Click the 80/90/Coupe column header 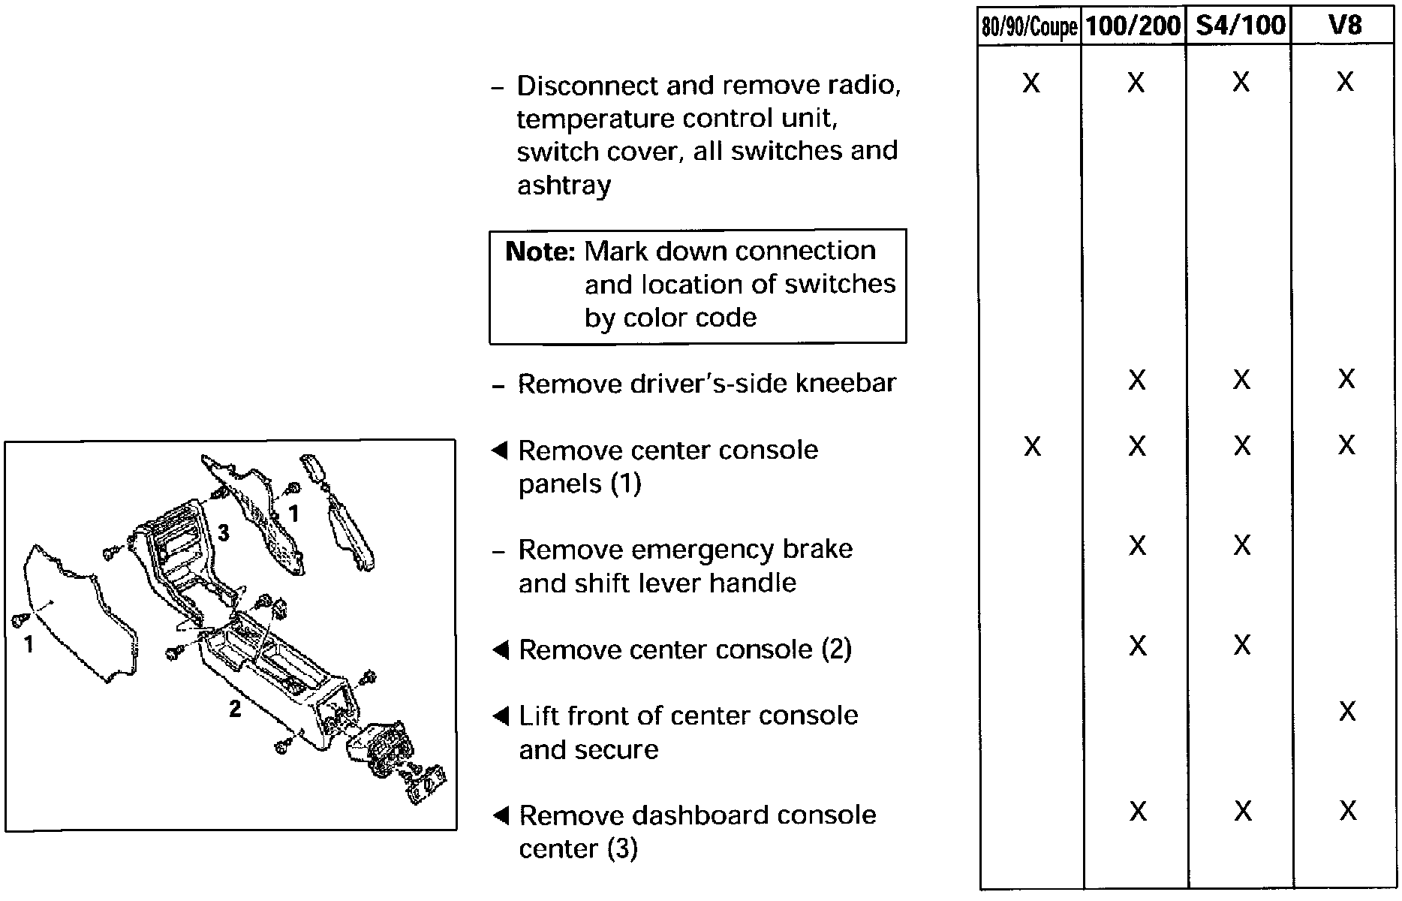click(x=1030, y=28)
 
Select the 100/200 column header click(x=1133, y=26)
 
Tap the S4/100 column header click(x=1240, y=26)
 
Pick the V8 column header click(x=1344, y=26)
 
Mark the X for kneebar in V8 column click(x=1346, y=379)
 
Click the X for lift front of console click(x=1347, y=711)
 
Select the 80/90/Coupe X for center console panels click(x=1033, y=447)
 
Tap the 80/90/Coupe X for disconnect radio click(x=1031, y=83)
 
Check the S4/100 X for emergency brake click(x=1242, y=545)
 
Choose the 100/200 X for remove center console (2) click(x=1138, y=646)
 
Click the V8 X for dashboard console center click(x=1348, y=811)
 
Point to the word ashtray click(x=564, y=185)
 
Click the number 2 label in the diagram click(x=235, y=708)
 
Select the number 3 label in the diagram click(x=223, y=533)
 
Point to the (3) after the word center click(x=622, y=849)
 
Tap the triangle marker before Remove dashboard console click(x=500, y=815)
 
